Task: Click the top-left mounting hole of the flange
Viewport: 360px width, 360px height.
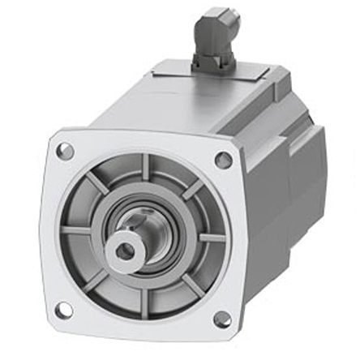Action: click(x=66, y=151)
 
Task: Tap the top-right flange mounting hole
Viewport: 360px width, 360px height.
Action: click(x=222, y=160)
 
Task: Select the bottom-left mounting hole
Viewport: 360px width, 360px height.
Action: click(x=63, y=308)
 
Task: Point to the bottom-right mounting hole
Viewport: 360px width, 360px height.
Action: click(x=221, y=319)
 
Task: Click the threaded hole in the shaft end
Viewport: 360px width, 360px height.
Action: click(x=124, y=251)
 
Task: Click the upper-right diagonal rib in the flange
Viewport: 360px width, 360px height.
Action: click(x=192, y=192)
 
